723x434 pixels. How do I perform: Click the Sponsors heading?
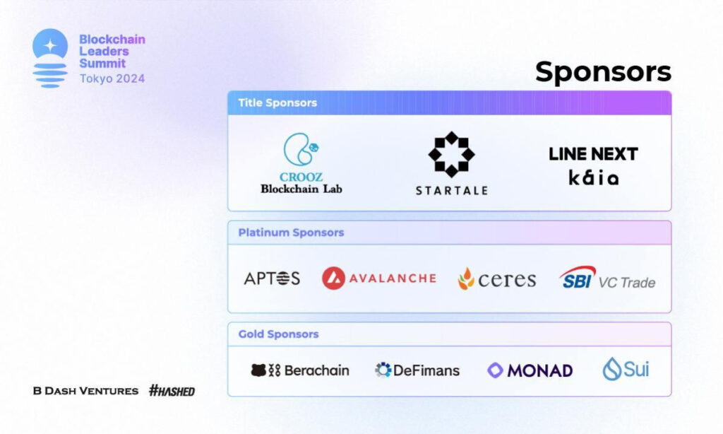coord(603,73)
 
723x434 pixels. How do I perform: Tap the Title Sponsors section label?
coord(277,102)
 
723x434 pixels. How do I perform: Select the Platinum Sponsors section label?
coord(291,233)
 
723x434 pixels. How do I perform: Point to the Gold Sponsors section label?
coord(278,334)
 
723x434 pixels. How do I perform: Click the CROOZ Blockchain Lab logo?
coord(301,163)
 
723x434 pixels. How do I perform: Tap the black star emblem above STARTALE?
coord(451,154)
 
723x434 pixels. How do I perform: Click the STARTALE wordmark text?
coord(451,191)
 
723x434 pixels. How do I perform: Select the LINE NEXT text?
coord(593,154)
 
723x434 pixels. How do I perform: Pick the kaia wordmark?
coord(593,177)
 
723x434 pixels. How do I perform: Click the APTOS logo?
coord(272,278)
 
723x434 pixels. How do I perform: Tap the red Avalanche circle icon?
coord(333,278)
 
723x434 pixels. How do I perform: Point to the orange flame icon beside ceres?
coord(466,278)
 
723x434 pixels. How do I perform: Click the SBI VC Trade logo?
coord(607,278)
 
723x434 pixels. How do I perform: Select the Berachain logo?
coord(299,370)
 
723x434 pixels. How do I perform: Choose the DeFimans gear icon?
coord(383,370)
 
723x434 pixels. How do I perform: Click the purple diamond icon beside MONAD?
coord(495,370)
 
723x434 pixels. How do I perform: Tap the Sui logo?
coord(626,369)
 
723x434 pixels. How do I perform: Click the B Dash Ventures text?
coord(85,391)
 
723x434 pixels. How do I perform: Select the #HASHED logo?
coord(172,391)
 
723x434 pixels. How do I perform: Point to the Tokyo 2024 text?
coord(112,78)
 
